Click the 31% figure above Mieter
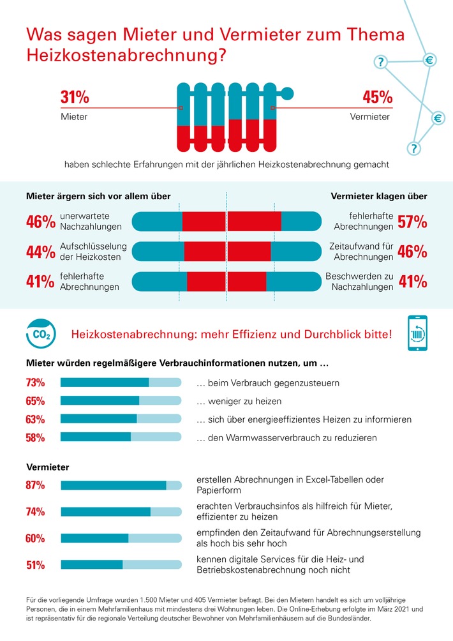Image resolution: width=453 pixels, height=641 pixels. pyautogui.click(x=75, y=98)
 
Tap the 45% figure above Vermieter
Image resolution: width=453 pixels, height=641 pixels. pyautogui.click(x=377, y=98)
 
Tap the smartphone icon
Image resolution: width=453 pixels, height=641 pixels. pyautogui.click(x=417, y=333)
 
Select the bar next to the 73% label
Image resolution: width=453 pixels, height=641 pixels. pyautogui.click(x=121, y=382)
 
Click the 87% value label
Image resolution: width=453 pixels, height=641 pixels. pyautogui.click(x=35, y=485)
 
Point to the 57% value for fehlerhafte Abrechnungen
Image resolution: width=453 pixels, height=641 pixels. pyautogui.click(x=412, y=222)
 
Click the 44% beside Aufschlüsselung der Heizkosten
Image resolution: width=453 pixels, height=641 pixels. pyautogui.click(x=40, y=252)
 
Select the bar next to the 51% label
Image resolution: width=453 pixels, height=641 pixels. pyautogui.click(x=121, y=565)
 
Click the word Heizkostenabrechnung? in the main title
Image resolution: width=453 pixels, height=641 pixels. pyautogui.click(x=127, y=55)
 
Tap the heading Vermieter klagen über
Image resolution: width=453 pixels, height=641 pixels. pyautogui.click(x=379, y=197)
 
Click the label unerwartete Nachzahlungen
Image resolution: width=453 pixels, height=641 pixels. pyautogui.click(x=90, y=222)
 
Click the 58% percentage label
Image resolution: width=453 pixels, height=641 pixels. pyautogui.click(x=35, y=438)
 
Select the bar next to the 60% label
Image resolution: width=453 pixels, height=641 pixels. pyautogui.click(x=121, y=538)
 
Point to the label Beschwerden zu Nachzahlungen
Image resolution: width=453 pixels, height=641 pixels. pyautogui.click(x=359, y=282)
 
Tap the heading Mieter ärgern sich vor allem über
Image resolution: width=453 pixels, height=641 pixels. pyautogui.click(x=98, y=197)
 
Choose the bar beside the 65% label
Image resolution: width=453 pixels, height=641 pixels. pyautogui.click(x=121, y=401)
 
